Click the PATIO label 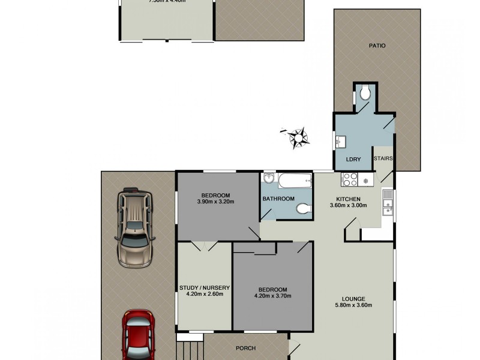(377, 46)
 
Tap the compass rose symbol (298, 137)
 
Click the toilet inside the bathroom (304, 208)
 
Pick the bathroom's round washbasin (269, 178)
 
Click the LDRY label (353, 160)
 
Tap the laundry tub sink (341, 142)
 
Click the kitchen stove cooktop (350, 178)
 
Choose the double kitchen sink (388, 202)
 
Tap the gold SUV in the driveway (135, 226)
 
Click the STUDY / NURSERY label (205, 288)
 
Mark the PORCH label (246, 348)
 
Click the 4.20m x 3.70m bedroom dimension (273, 295)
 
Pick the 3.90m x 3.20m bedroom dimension (215, 202)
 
